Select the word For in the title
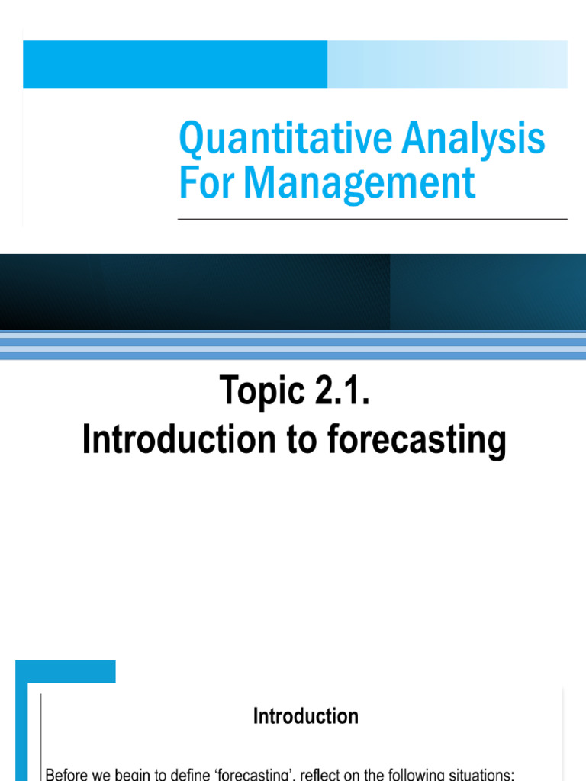[205, 183]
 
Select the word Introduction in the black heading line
[181, 440]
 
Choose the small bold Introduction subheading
[305, 716]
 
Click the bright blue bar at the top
[175, 65]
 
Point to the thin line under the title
[372, 219]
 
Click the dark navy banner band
[293, 291]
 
